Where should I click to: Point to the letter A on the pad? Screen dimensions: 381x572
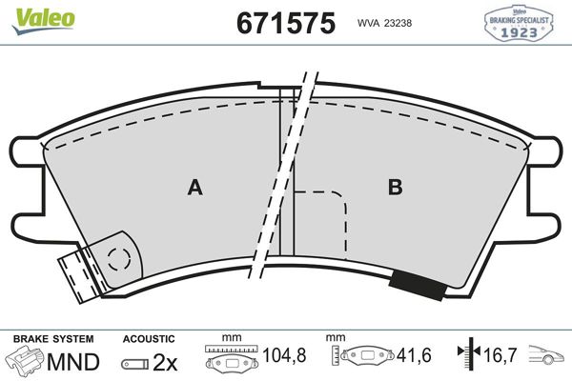[194, 188]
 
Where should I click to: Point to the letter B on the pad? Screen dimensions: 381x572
[394, 188]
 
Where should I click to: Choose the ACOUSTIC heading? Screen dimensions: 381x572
[149, 338]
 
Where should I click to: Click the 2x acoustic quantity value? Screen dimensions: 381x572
[165, 362]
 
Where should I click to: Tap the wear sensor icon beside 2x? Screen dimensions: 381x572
[135, 363]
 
